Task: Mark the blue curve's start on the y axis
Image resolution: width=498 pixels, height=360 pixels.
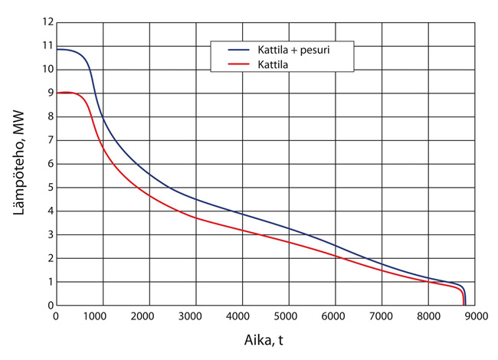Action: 57,49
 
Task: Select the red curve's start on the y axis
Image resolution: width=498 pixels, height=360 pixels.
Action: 57,93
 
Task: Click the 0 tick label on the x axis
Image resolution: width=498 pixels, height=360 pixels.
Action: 56,315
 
